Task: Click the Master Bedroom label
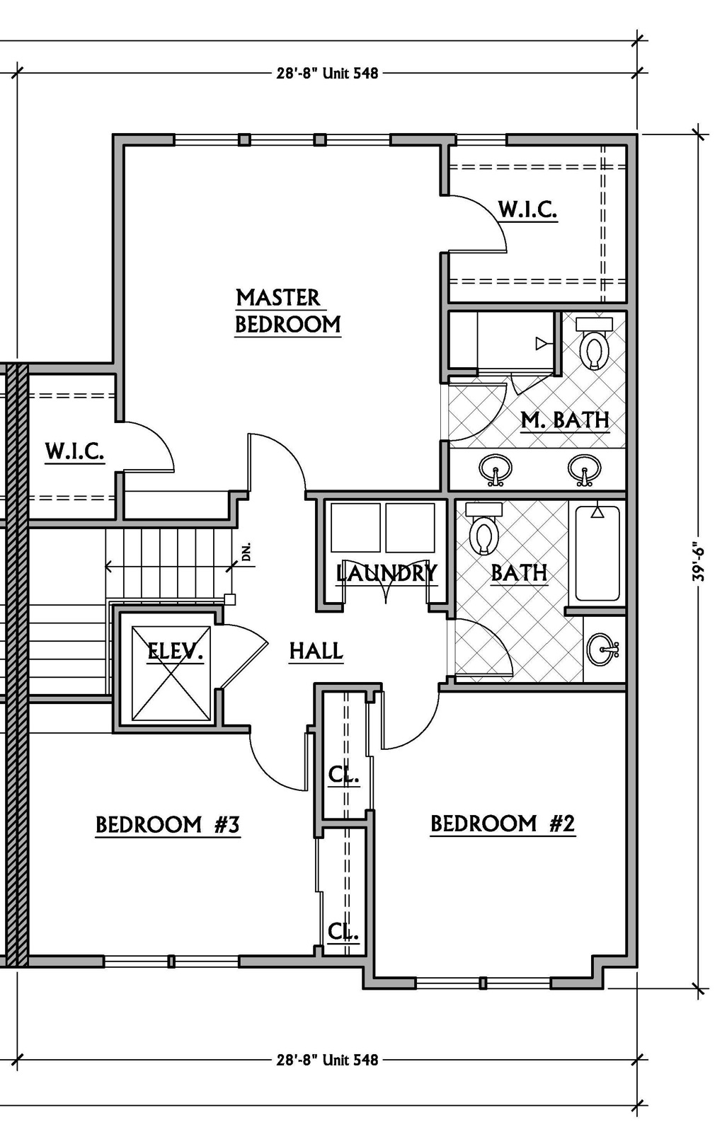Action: point(288,311)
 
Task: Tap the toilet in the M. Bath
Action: point(595,343)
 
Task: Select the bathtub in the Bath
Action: point(597,554)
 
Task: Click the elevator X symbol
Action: point(171,673)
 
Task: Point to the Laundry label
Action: point(387,573)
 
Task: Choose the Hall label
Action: point(316,651)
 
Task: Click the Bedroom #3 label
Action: point(168,825)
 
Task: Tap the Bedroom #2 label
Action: point(503,824)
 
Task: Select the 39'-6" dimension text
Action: point(698,563)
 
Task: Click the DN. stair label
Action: point(247,552)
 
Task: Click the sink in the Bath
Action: point(602,649)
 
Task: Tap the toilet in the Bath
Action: point(483,529)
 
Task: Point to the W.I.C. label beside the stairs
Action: point(75,451)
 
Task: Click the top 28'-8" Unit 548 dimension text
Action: point(327,74)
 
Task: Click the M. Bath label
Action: point(565,420)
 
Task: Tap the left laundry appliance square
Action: point(355,527)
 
